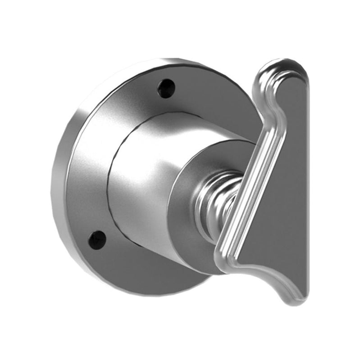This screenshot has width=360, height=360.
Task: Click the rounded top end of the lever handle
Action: coord(284,67)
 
